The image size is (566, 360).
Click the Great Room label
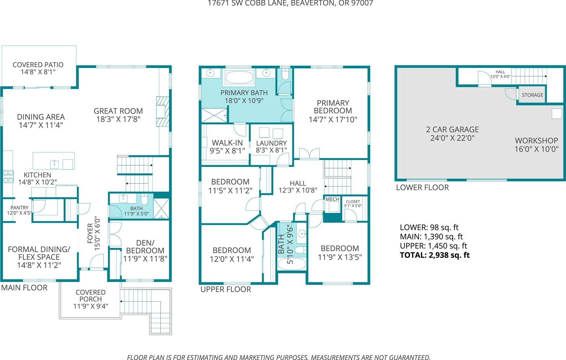click(118, 111)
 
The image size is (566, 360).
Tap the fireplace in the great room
click(162, 111)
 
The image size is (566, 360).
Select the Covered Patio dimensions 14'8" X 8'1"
click(38, 72)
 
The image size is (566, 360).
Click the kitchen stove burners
click(8, 176)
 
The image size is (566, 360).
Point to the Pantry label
click(20, 208)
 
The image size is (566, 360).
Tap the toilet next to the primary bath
click(285, 74)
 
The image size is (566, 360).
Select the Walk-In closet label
click(227, 143)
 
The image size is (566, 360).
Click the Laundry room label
click(271, 143)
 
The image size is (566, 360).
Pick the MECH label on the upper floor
click(332, 199)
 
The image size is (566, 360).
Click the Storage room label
click(532, 95)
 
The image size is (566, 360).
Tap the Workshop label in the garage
click(536, 140)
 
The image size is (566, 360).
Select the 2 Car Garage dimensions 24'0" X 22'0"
click(452, 138)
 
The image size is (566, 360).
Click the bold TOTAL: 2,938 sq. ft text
click(435, 255)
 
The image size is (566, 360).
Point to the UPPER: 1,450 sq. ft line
click(433, 246)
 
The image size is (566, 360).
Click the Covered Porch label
click(91, 296)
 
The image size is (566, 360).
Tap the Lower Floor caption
click(423, 187)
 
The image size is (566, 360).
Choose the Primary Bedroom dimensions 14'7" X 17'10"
click(333, 119)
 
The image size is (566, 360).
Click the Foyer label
click(90, 234)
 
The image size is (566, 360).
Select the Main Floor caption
click(24, 287)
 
